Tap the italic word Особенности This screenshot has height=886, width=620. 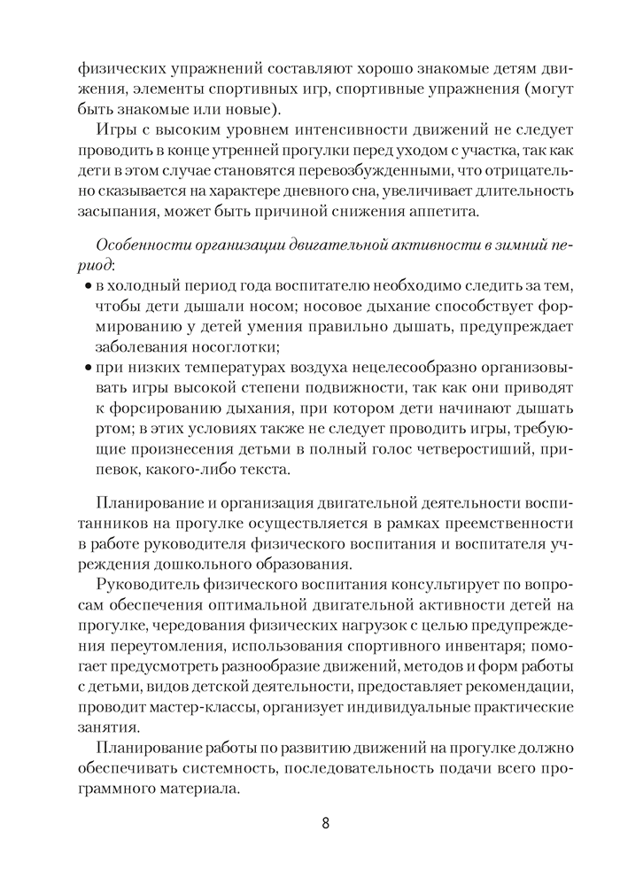[x=142, y=244]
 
